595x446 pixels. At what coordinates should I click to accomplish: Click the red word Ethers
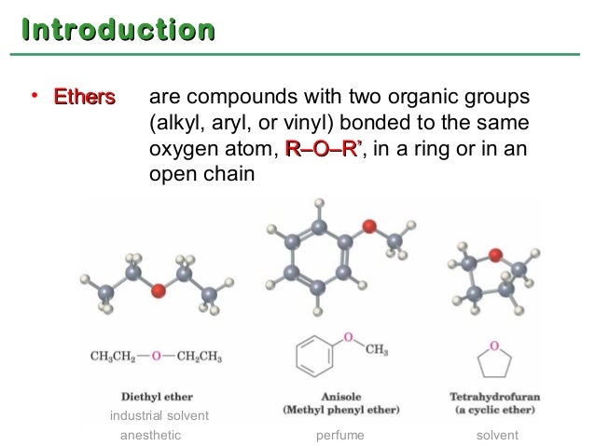(x=84, y=97)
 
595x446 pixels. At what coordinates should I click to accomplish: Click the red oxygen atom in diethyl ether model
(x=159, y=291)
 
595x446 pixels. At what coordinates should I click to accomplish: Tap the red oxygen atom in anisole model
(x=369, y=226)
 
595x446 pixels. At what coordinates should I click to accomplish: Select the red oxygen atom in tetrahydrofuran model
(x=494, y=253)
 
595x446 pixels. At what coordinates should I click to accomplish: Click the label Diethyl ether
(x=157, y=395)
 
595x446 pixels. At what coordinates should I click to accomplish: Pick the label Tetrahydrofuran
(x=494, y=395)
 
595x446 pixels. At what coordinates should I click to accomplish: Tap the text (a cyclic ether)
(x=495, y=409)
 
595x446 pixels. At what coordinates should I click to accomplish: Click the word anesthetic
(x=151, y=434)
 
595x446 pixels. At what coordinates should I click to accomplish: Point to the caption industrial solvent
(x=159, y=415)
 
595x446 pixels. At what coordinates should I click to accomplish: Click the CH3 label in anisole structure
(x=377, y=350)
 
